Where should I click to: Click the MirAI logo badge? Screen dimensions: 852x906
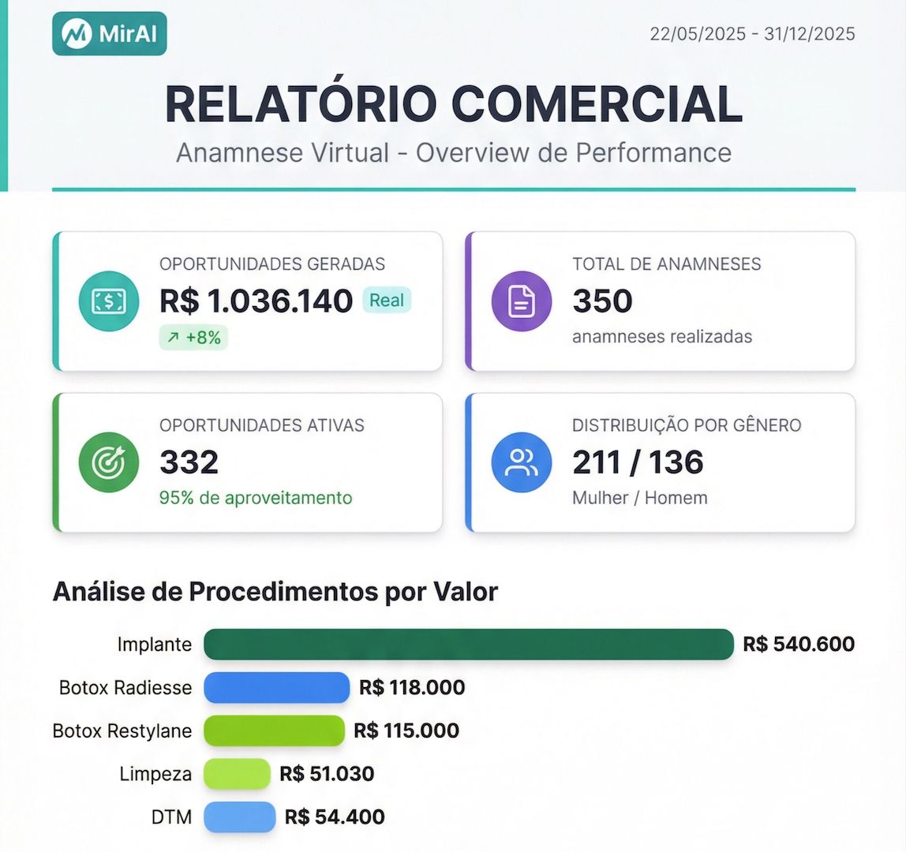click(110, 34)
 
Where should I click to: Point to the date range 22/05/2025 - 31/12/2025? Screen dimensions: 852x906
click(752, 34)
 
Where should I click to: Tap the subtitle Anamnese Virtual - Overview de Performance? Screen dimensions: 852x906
click(454, 152)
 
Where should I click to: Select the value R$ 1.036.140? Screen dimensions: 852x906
click(256, 301)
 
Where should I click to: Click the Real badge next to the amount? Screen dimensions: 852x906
click(387, 301)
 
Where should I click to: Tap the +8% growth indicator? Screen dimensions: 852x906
click(193, 338)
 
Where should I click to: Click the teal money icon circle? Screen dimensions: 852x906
click(109, 301)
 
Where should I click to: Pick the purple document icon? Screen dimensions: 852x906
click(522, 301)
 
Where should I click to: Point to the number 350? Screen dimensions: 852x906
click(602, 301)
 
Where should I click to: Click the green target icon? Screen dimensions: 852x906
click(109, 462)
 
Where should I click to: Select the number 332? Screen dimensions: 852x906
click(189, 462)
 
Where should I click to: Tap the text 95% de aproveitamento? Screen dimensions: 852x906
click(256, 498)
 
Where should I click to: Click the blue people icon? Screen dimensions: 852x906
click(522, 462)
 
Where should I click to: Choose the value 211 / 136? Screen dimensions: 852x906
click(638, 462)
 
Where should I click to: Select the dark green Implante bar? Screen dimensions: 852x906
click(469, 644)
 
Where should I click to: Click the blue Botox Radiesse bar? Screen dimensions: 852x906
click(276, 687)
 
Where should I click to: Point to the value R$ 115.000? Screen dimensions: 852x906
click(406, 731)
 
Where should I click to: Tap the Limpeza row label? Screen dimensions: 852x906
click(155, 774)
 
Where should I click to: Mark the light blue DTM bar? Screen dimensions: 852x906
click(239, 816)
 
